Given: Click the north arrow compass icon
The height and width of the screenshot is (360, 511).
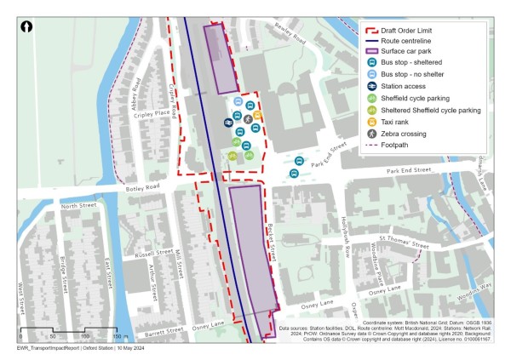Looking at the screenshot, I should point(28,27).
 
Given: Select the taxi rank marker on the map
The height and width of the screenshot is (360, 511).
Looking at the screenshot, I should point(257,115).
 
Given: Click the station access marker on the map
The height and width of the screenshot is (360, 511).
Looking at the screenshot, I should point(229,122).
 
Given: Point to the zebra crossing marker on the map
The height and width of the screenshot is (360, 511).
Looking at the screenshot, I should point(248,120).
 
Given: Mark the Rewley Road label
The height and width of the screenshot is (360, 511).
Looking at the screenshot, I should point(290,33).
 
